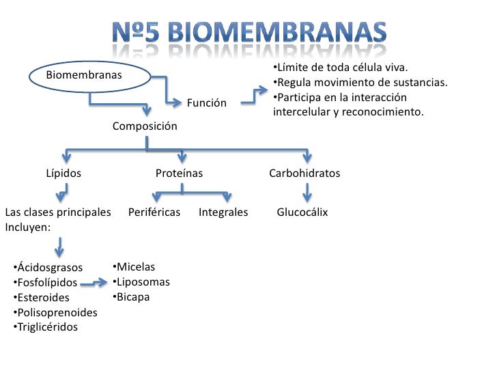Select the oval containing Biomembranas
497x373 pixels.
88,75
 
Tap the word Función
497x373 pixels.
207,103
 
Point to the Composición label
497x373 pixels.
145,126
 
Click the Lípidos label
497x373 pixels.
63,174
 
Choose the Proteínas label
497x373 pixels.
179,174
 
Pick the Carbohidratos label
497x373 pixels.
304,174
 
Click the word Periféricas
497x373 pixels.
154,212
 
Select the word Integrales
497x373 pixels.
223,212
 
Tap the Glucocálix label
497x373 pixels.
302,212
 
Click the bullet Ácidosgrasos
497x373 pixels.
48,267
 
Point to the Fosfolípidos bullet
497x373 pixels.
45,282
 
